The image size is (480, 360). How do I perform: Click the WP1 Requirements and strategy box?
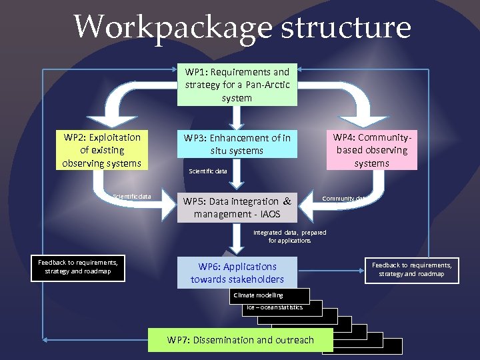(x=237, y=85)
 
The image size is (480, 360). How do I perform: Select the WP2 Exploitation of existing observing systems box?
(x=101, y=150)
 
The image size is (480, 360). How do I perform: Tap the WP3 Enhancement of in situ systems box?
(x=237, y=144)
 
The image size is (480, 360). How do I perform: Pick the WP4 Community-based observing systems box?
(x=371, y=150)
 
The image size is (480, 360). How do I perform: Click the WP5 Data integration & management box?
(x=237, y=207)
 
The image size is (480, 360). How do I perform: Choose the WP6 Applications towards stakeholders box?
(x=237, y=273)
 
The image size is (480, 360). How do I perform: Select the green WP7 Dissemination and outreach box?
(x=240, y=340)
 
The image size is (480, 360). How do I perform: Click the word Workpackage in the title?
(x=171, y=28)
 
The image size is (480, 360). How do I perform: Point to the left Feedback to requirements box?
(x=77, y=267)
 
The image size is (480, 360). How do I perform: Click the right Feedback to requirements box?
(x=411, y=269)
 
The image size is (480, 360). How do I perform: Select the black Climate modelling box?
(x=269, y=295)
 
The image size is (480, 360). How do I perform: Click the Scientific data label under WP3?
(x=208, y=171)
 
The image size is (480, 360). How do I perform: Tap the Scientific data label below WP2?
(x=132, y=197)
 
